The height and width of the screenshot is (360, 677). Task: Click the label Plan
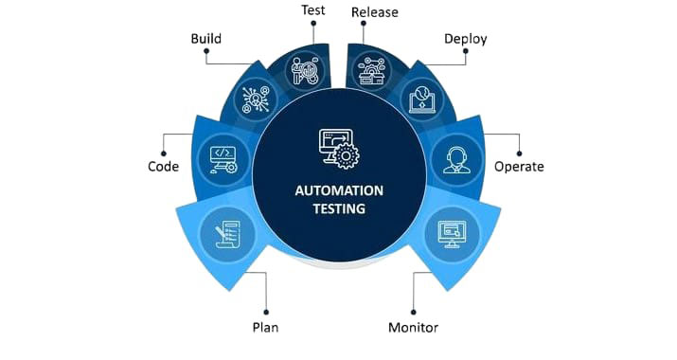pos(265,328)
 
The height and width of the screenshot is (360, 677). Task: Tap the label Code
pos(163,166)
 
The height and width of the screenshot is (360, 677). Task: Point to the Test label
pos(314,11)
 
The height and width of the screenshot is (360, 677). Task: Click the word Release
pos(374,12)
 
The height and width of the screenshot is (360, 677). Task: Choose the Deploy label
pos(466,40)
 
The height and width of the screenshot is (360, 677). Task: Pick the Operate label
pos(519,166)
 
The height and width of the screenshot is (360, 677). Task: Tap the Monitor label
pos(413,328)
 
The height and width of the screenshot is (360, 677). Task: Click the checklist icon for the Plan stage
pos(223,233)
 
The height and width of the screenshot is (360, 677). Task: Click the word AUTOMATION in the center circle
pos(339,189)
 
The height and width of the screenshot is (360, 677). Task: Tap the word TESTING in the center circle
pos(339,209)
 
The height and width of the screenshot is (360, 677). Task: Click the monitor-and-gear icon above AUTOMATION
pos(338,148)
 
